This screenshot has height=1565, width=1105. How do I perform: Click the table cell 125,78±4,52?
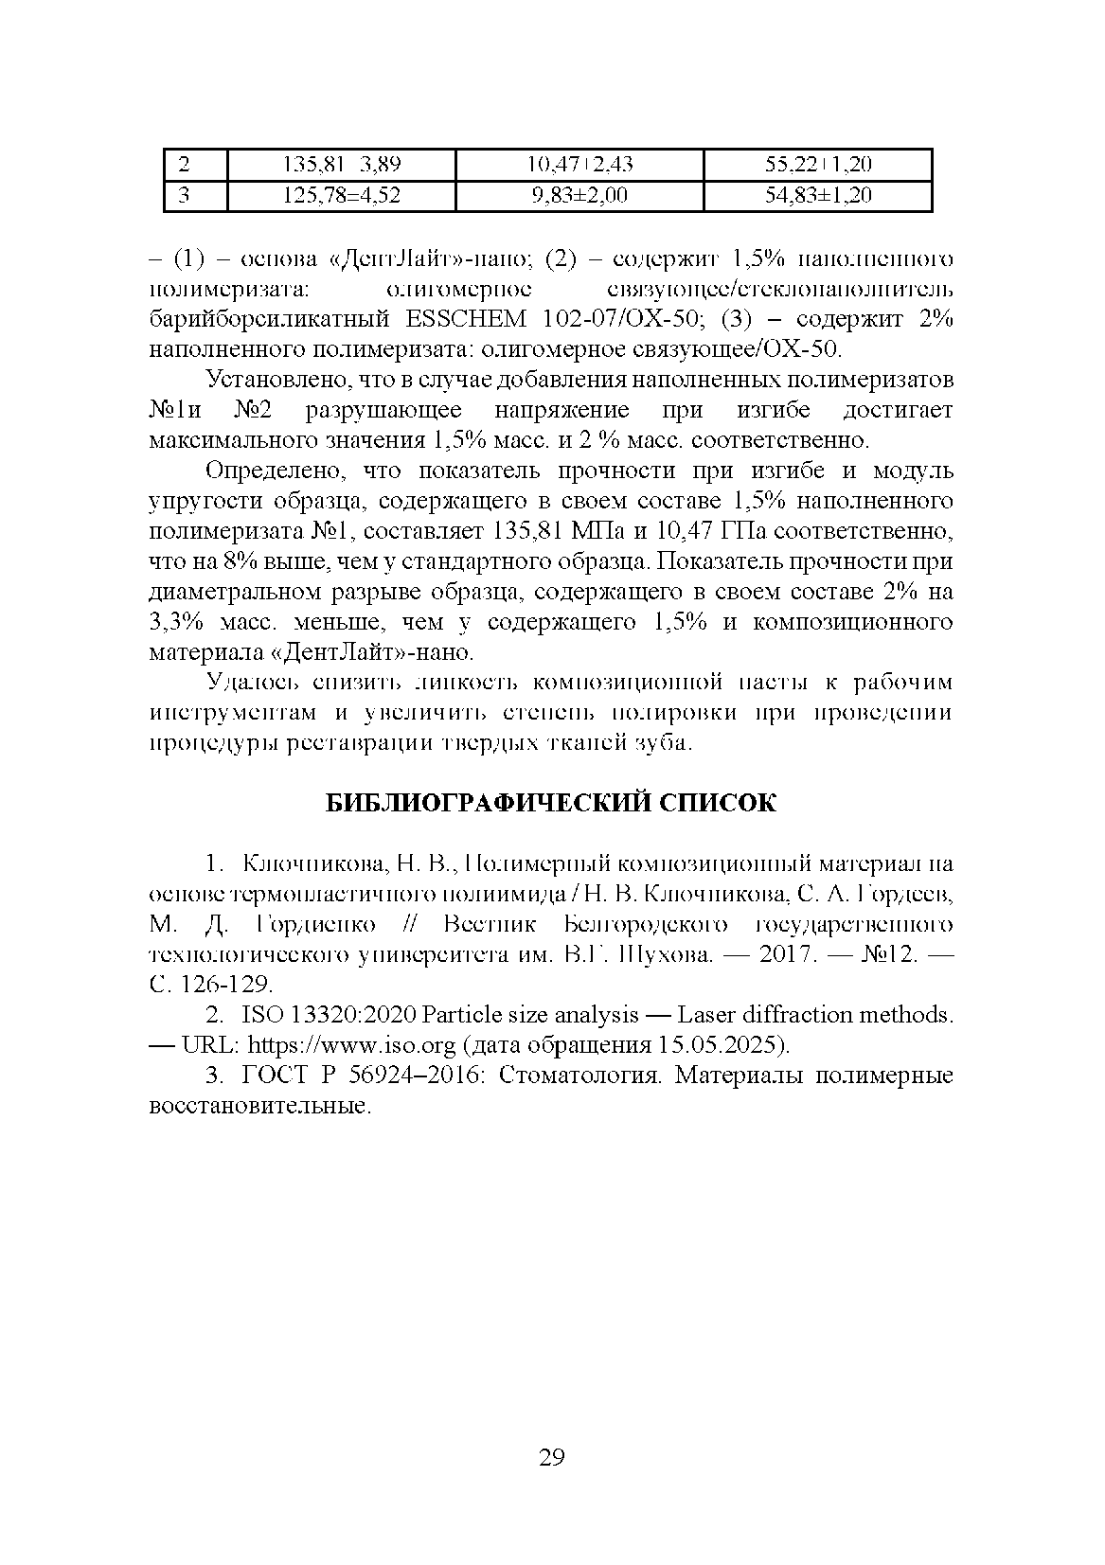pyautogui.click(x=342, y=196)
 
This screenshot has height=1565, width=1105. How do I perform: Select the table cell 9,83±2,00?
pyautogui.click(x=579, y=196)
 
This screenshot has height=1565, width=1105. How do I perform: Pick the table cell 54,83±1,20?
pyautogui.click(x=818, y=196)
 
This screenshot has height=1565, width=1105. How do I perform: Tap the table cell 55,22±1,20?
pyautogui.click(x=818, y=165)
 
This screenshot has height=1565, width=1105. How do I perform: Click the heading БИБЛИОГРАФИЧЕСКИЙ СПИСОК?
pyautogui.click(x=551, y=803)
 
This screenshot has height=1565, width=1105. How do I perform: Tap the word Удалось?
pyautogui.click(x=248, y=683)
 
